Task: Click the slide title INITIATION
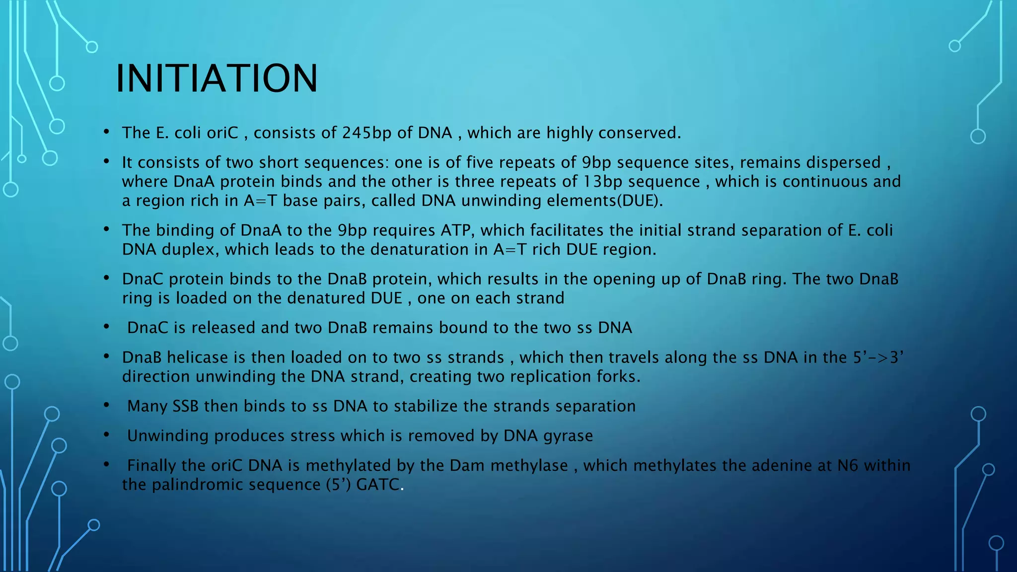pos(217,78)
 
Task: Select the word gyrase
pos(568,436)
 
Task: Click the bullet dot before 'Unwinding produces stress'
pos(106,435)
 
